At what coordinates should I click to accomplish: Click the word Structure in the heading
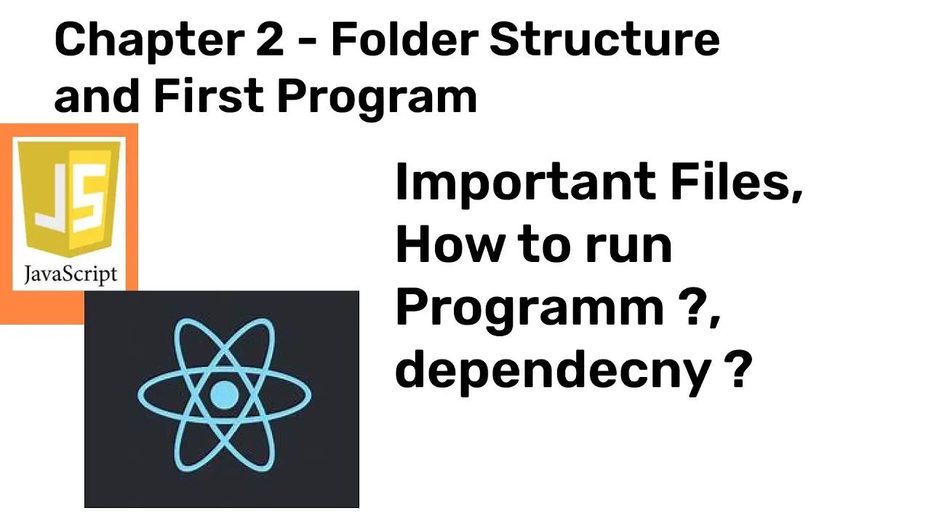click(604, 40)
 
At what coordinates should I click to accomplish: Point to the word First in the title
click(209, 95)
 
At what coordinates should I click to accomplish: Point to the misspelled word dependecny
click(553, 371)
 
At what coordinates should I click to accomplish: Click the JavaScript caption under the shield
click(71, 274)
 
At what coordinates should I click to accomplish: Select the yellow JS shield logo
click(69, 199)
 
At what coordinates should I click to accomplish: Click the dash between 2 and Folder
click(308, 42)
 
